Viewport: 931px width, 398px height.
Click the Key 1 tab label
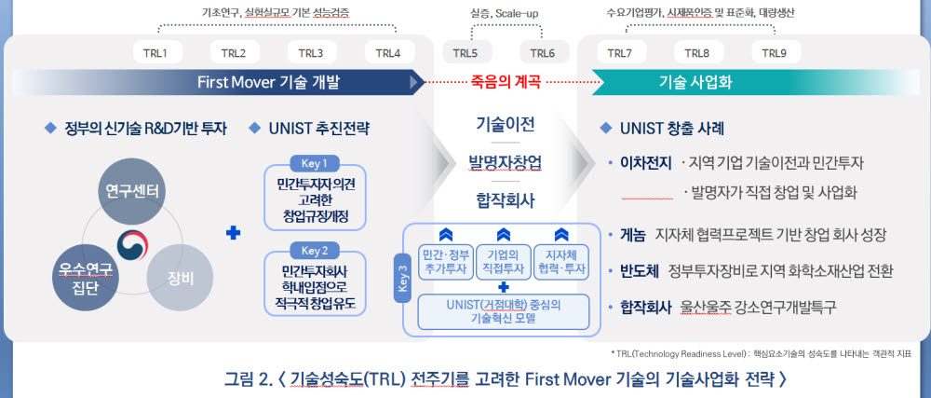pos(315,162)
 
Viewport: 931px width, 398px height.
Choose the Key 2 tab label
pos(315,250)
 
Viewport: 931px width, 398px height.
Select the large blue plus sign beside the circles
pos(234,233)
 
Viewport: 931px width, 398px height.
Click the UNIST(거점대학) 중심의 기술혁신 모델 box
pos(503,311)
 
